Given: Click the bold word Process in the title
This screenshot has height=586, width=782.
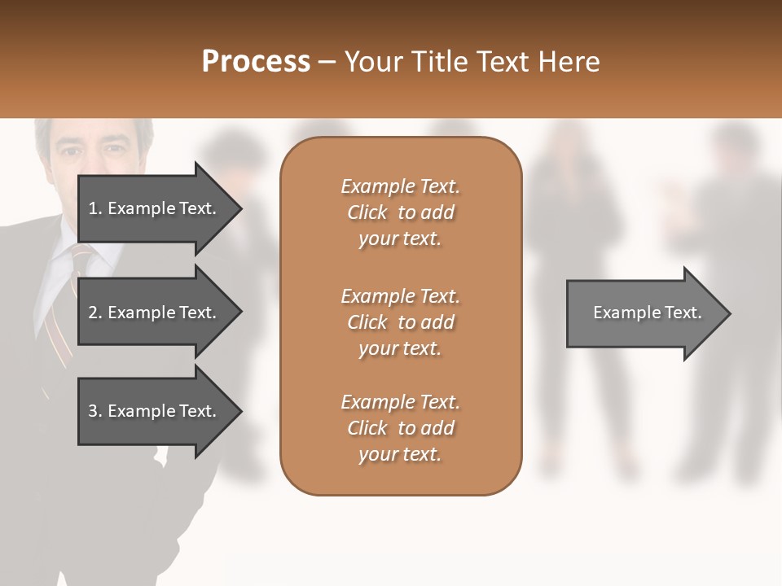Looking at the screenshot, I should (x=256, y=62).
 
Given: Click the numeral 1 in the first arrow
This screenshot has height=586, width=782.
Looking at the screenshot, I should (x=93, y=208).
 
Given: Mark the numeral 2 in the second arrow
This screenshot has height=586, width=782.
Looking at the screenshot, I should (x=93, y=313).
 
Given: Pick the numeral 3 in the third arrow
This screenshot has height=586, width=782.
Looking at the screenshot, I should (x=93, y=411).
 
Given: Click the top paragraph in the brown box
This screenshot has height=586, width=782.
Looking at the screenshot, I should (x=400, y=212).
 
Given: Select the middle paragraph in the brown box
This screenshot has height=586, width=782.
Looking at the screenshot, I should (x=400, y=322).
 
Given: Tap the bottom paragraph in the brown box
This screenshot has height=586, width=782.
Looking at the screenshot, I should (x=400, y=428).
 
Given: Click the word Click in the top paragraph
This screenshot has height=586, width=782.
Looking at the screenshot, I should (x=367, y=212).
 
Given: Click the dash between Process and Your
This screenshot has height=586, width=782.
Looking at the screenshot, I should (x=327, y=63).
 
